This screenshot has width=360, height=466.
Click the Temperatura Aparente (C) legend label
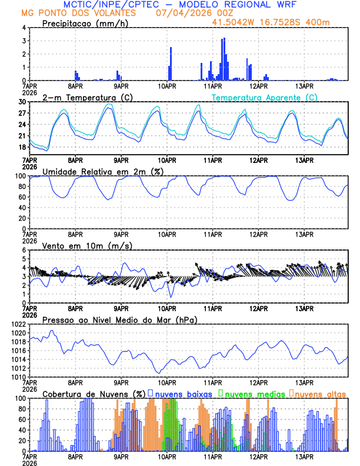click(264, 97)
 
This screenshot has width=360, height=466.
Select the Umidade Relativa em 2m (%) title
click(103, 171)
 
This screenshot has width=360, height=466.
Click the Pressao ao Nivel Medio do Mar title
click(120, 319)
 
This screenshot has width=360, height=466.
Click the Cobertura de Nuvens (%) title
click(94, 393)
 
